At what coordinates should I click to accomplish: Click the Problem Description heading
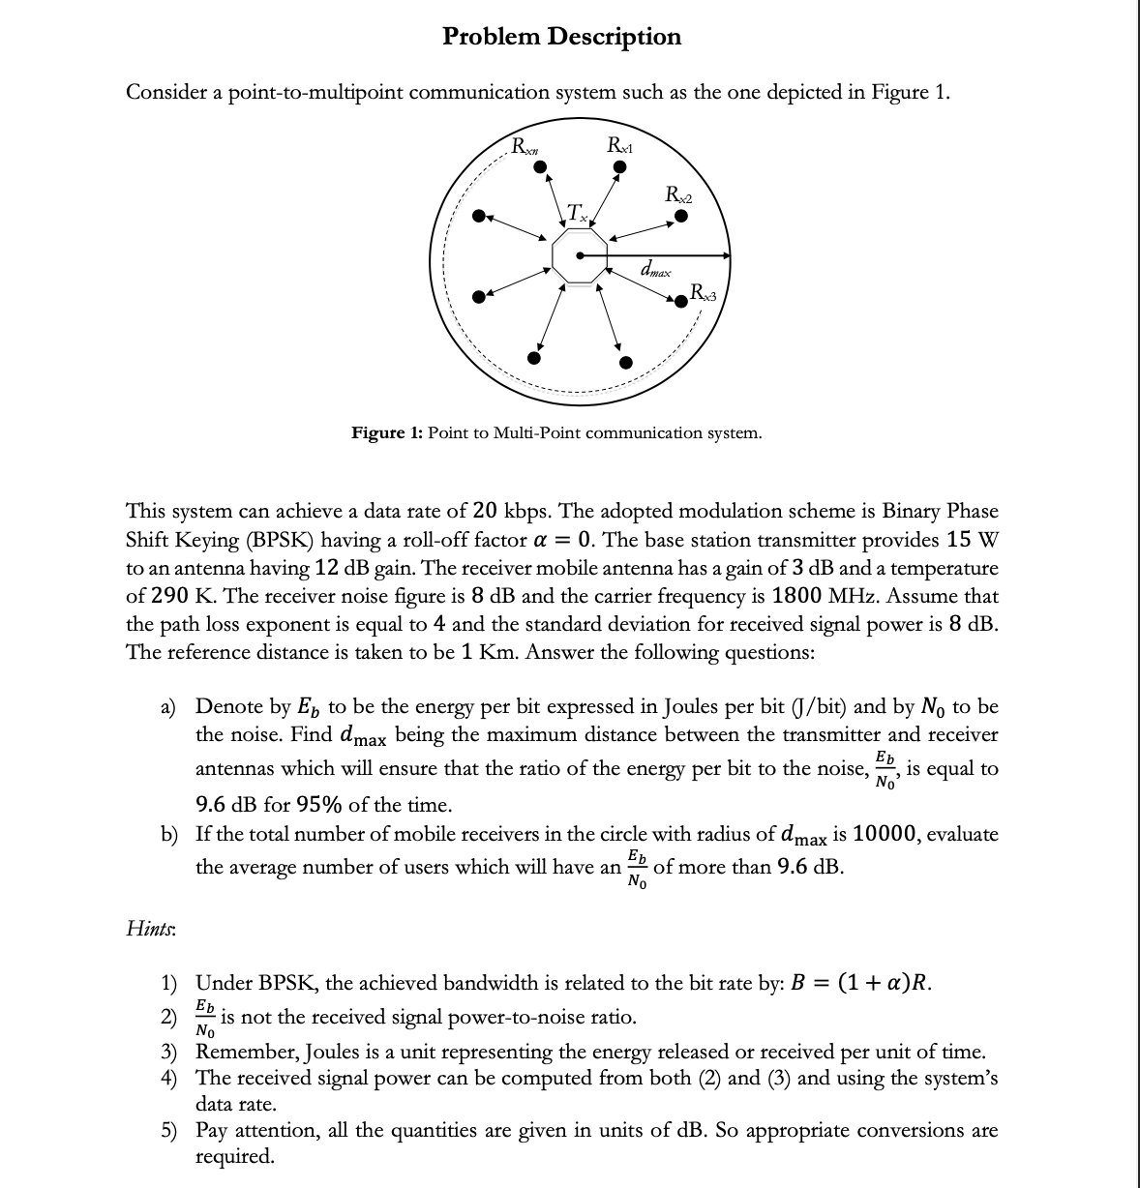tap(561, 37)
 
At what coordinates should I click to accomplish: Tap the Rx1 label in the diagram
tap(617, 147)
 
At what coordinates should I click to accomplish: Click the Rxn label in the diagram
tap(525, 148)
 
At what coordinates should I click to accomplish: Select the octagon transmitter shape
tap(580, 257)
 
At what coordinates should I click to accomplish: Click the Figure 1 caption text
tap(555, 432)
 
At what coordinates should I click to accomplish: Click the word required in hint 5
tap(234, 1156)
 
